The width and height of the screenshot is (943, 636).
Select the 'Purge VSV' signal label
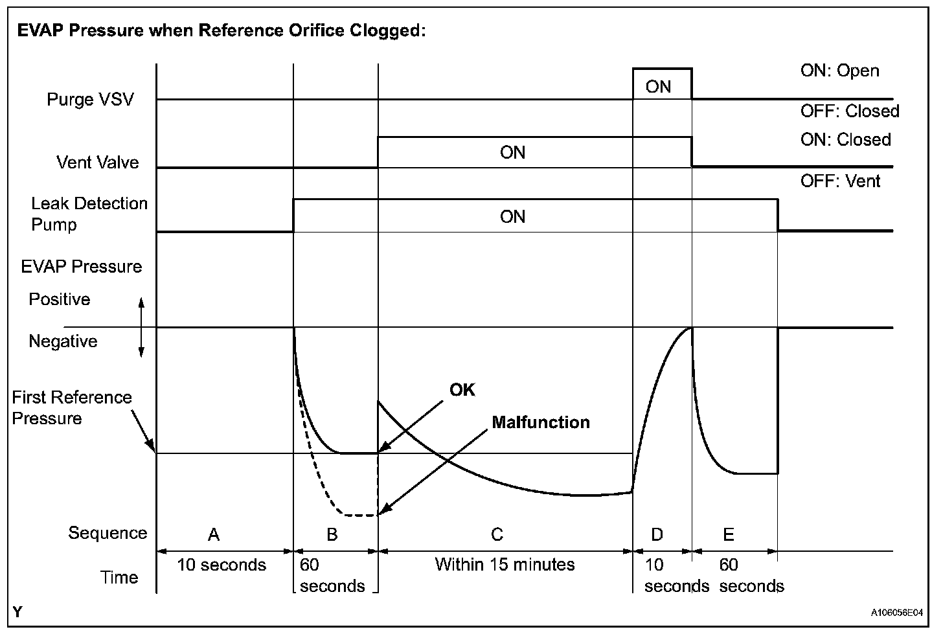(x=90, y=100)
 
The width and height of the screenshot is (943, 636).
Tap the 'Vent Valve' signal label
(x=98, y=162)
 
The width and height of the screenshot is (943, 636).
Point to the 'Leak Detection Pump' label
(x=89, y=214)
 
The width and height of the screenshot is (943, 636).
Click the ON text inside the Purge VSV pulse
(x=658, y=87)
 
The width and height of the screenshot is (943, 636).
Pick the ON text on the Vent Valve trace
(x=512, y=153)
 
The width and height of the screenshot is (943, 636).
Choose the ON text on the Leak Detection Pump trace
(x=512, y=216)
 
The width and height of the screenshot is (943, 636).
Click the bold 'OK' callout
(x=462, y=389)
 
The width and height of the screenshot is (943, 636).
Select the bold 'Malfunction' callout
(x=541, y=423)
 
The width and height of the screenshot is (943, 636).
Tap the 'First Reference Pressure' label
(x=71, y=407)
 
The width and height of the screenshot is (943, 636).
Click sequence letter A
(x=213, y=534)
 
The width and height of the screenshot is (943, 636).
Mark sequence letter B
(x=332, y=534)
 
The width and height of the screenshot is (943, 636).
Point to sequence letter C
(x=497, y=534)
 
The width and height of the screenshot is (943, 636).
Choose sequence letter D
(x=657, y=534)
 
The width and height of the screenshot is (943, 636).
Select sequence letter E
(x=728, y=534)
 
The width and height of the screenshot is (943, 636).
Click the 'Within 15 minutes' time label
(x=505, y=564)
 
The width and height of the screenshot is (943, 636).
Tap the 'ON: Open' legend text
(x=839, y=71)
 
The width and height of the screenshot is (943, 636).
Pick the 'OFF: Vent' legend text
(x=840, y=181)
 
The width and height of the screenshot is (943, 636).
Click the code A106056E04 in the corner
(x=896, y=611)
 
